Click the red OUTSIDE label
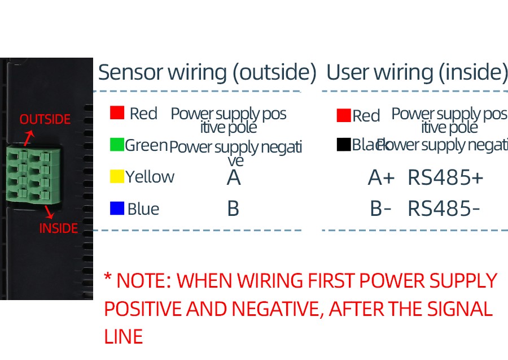point(45,120)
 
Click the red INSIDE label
point(59,228)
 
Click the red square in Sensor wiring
point(117,113)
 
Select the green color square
point(117,145)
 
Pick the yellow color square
point(117,176)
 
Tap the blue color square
point(117,209)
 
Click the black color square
point(344,145)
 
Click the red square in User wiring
point(344,116)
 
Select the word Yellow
point(150,177)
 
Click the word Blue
point(143,209)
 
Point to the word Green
point(146,145)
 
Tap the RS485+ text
point(445,178)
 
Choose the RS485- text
point(444,209)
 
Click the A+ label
point(381,178)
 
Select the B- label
point(380,209)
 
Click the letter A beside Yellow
point(234,178)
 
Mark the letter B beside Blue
point(233,209)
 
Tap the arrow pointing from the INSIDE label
point(49,212)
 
